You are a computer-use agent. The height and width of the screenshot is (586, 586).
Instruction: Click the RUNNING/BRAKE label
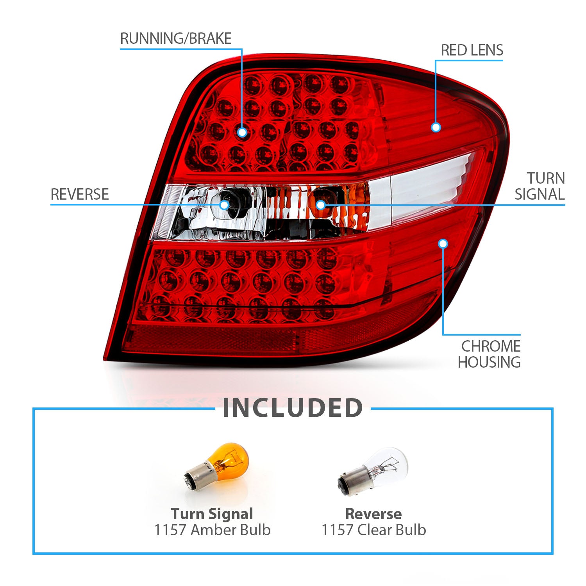[x=176, y=39]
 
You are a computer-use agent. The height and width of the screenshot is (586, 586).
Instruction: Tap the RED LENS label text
[x=472, y=50]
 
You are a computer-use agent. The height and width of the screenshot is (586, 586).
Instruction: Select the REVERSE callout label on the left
[x=80, y=194]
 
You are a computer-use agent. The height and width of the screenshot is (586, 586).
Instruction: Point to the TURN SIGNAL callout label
[x=540, y=186]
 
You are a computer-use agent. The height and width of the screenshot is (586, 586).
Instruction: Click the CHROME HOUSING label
[x=489, y=354]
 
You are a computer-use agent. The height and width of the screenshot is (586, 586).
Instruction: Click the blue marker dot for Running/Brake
[x=242, y=132]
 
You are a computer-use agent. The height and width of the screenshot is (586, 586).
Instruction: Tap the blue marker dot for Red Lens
[x=436, y=127]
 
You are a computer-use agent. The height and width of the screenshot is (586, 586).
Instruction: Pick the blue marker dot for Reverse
[x=224, y=205]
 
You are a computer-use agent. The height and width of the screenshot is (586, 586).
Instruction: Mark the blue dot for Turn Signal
[x=320, y=205]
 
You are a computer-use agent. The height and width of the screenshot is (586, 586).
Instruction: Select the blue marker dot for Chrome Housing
[x=443, y=244]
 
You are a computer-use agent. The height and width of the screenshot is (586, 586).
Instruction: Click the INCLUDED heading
[x=293, y=408]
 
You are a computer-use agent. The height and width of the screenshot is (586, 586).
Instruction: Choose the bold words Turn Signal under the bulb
[x=212, y=514]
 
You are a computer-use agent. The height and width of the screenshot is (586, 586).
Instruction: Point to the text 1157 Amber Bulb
[x=212, y=530]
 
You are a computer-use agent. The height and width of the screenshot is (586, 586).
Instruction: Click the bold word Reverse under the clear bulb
[x=373, y=514]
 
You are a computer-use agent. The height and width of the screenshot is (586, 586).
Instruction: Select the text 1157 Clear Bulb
[x=373, y=530]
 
